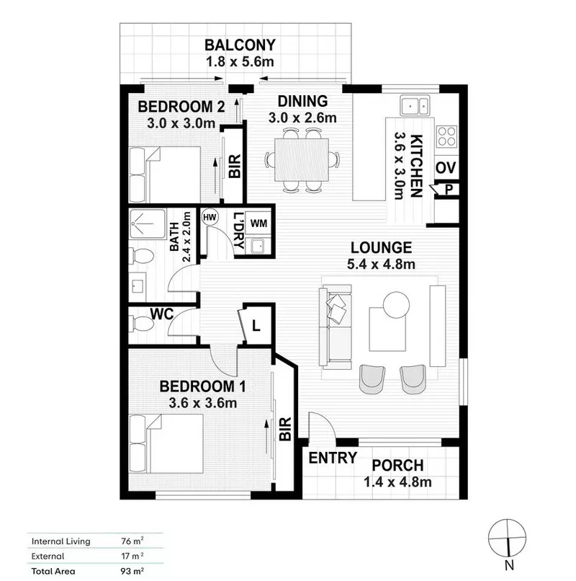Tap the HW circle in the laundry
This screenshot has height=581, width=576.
click(x=210, y=217)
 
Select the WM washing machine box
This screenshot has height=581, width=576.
click(x=259, y=223)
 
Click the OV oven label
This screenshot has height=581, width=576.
click(x=445, y=169)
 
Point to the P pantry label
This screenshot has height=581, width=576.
click(x=448, y=190)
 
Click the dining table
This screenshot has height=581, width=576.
click(x=301, y=159)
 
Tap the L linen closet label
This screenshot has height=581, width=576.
click(x=256, y=327)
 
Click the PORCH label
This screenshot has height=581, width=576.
click(x=397, y=466)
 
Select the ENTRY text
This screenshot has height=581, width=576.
click(x=333, y=458)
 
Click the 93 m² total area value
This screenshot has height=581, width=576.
click(x=130, y=570)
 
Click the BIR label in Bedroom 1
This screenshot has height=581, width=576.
click(x=284, y=430)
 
